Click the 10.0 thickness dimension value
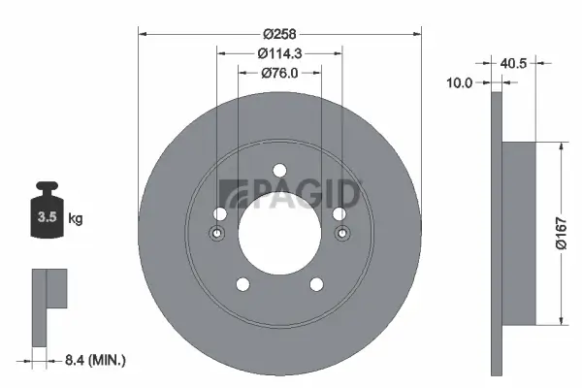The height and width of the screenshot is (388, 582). (x=460, y=83)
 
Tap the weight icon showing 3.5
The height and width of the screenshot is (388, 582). (x=48, y=216)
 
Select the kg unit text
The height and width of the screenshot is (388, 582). (x=76, y=219)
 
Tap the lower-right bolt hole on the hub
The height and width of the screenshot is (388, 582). (x=316, y=283)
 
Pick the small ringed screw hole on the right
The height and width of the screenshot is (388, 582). (x=340, y=233)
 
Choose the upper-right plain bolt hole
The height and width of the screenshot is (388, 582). (x=339, y=213)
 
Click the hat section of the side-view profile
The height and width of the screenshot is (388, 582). (x=519, y=233)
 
